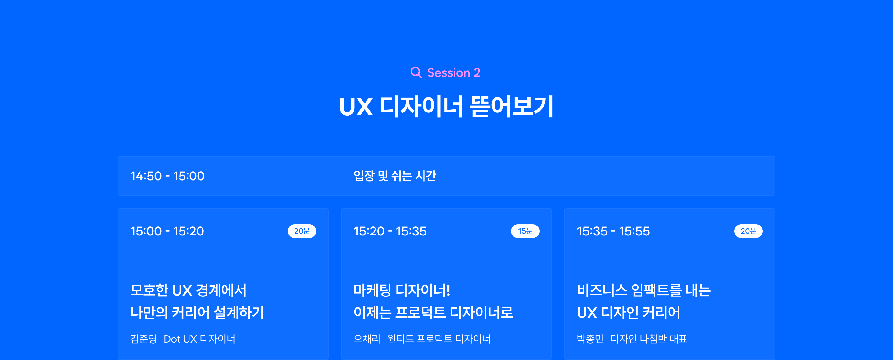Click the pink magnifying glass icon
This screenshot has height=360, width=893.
click(x=416, y=72)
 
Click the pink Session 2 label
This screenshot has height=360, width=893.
click(x=453, y=73)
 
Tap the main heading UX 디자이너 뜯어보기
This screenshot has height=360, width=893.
click(x=446, y=106)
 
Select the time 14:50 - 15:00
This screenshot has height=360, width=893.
click(x=167, y=176)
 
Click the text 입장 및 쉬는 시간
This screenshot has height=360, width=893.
click(x=395, y=176)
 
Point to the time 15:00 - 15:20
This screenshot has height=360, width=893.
click(x=167, y=231)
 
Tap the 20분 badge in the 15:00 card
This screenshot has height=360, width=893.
click(x=302, y=231)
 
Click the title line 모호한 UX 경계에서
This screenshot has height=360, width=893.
click(x=188, y=290)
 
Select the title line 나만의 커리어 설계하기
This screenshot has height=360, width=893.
click(x=197, y=313)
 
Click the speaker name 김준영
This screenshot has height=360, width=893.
click(x=144, y=339)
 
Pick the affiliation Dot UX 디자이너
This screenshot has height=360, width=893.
click(x=199, y=339)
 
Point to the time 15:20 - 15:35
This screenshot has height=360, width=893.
click(x=390, y=231)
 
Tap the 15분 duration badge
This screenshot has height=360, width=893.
click(x=525, y=231)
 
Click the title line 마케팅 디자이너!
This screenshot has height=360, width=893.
click(x=402, y=290)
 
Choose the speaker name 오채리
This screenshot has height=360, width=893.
click(x=367, y=339)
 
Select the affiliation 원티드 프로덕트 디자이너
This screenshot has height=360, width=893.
click(x=439, y=339)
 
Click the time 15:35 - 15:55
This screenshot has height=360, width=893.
click(x=613, y=231)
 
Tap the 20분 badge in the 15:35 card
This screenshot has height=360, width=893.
click(x=748, y=231)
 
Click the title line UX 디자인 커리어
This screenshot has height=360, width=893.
click(x=628, y=313)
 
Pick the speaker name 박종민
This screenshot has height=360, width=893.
click(x=590, y=339)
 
